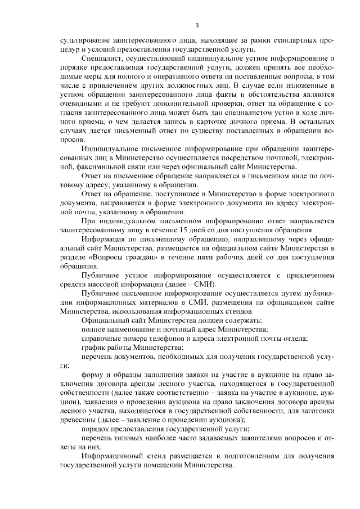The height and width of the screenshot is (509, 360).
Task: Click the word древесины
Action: click(x=78, y=420)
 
